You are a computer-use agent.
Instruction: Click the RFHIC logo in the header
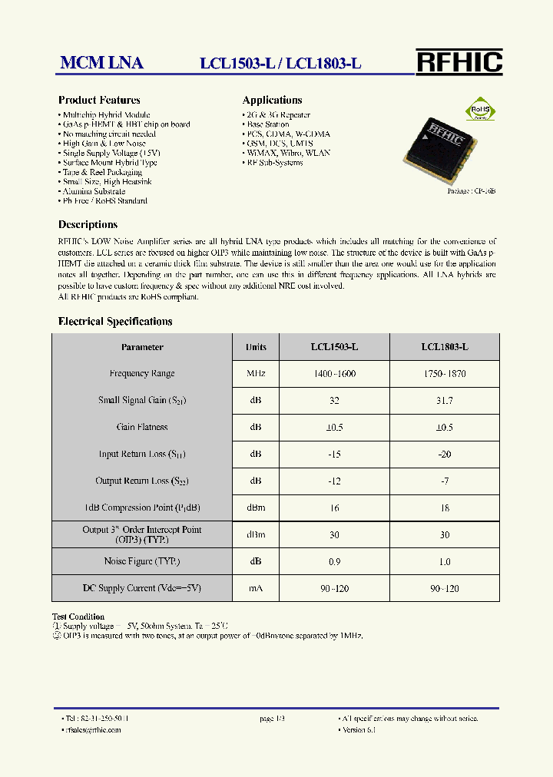tap(459, 61)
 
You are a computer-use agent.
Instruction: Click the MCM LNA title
tap(101, 64)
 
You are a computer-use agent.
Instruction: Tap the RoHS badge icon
tap(481, 110)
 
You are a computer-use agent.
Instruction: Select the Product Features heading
tap(99, 100)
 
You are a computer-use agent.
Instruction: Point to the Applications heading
tap(272, 100)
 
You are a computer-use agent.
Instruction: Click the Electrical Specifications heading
tap(115, 322)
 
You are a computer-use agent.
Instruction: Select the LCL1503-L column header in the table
tap(334, 347)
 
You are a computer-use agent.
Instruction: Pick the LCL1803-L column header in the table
tap(445, 347)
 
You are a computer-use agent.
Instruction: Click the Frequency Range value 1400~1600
tap(334, 374)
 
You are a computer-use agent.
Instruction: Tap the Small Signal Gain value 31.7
tap(445, 401)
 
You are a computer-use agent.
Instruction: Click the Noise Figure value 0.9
tap(334, 562)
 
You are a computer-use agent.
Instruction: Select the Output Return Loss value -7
tap(445, 481)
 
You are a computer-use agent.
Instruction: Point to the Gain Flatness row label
tap(142, 428)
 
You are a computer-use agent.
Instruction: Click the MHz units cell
tap(256, 374)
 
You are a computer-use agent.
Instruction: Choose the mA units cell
tap(256, 589)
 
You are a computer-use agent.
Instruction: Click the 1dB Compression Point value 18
tap(445, 508)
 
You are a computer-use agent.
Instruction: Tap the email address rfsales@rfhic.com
tap(93, 729)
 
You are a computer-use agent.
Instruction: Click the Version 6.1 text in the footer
tap(359, 729)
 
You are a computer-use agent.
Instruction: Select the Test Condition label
tap(78, 617)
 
